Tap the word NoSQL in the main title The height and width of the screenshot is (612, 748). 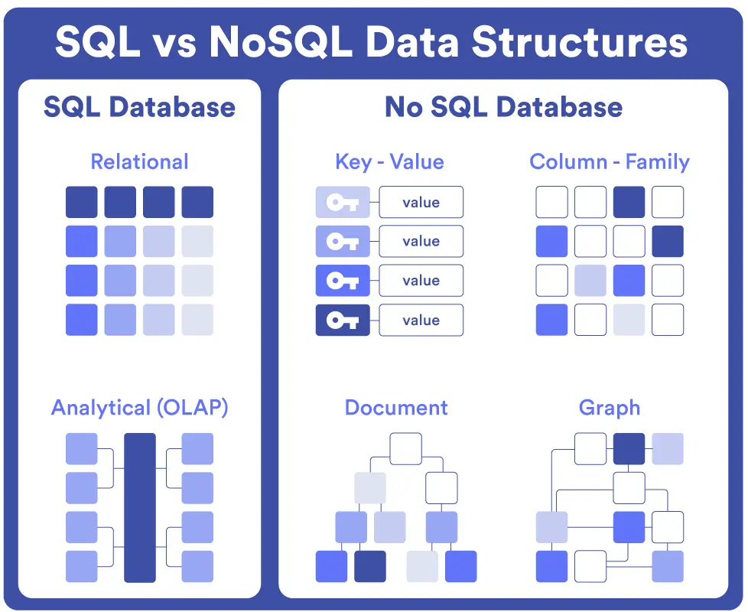(x=280, y=42)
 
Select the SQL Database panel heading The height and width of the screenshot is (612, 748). (x=139, y=106)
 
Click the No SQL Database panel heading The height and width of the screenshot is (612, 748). (x=503, y=106)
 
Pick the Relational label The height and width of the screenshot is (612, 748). (x=139, y=161)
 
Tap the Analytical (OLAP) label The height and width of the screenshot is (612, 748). (x=139, y=408)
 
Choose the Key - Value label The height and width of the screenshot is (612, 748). (x=389, y=161)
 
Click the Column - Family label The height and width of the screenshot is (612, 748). (x=610, y=161)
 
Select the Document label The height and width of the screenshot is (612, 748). (x=396, y=407)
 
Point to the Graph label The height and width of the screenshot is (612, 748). (x=610, y=407)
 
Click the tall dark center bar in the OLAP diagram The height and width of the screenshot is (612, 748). (x=139, y=507)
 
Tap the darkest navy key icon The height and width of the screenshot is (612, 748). (x=343, y=320)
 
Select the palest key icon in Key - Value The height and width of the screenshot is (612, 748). (x=343, y=202)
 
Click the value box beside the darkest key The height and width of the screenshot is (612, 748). (x=421, y=320)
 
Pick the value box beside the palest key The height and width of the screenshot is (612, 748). (x=421, y=202)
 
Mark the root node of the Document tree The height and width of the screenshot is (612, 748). (x=405, y=448)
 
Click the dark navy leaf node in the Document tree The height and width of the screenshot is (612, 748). (x=370, y=566)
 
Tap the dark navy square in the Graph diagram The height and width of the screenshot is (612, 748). (x=629, y=448)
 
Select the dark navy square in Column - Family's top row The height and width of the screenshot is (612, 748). (x=629, y=202)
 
